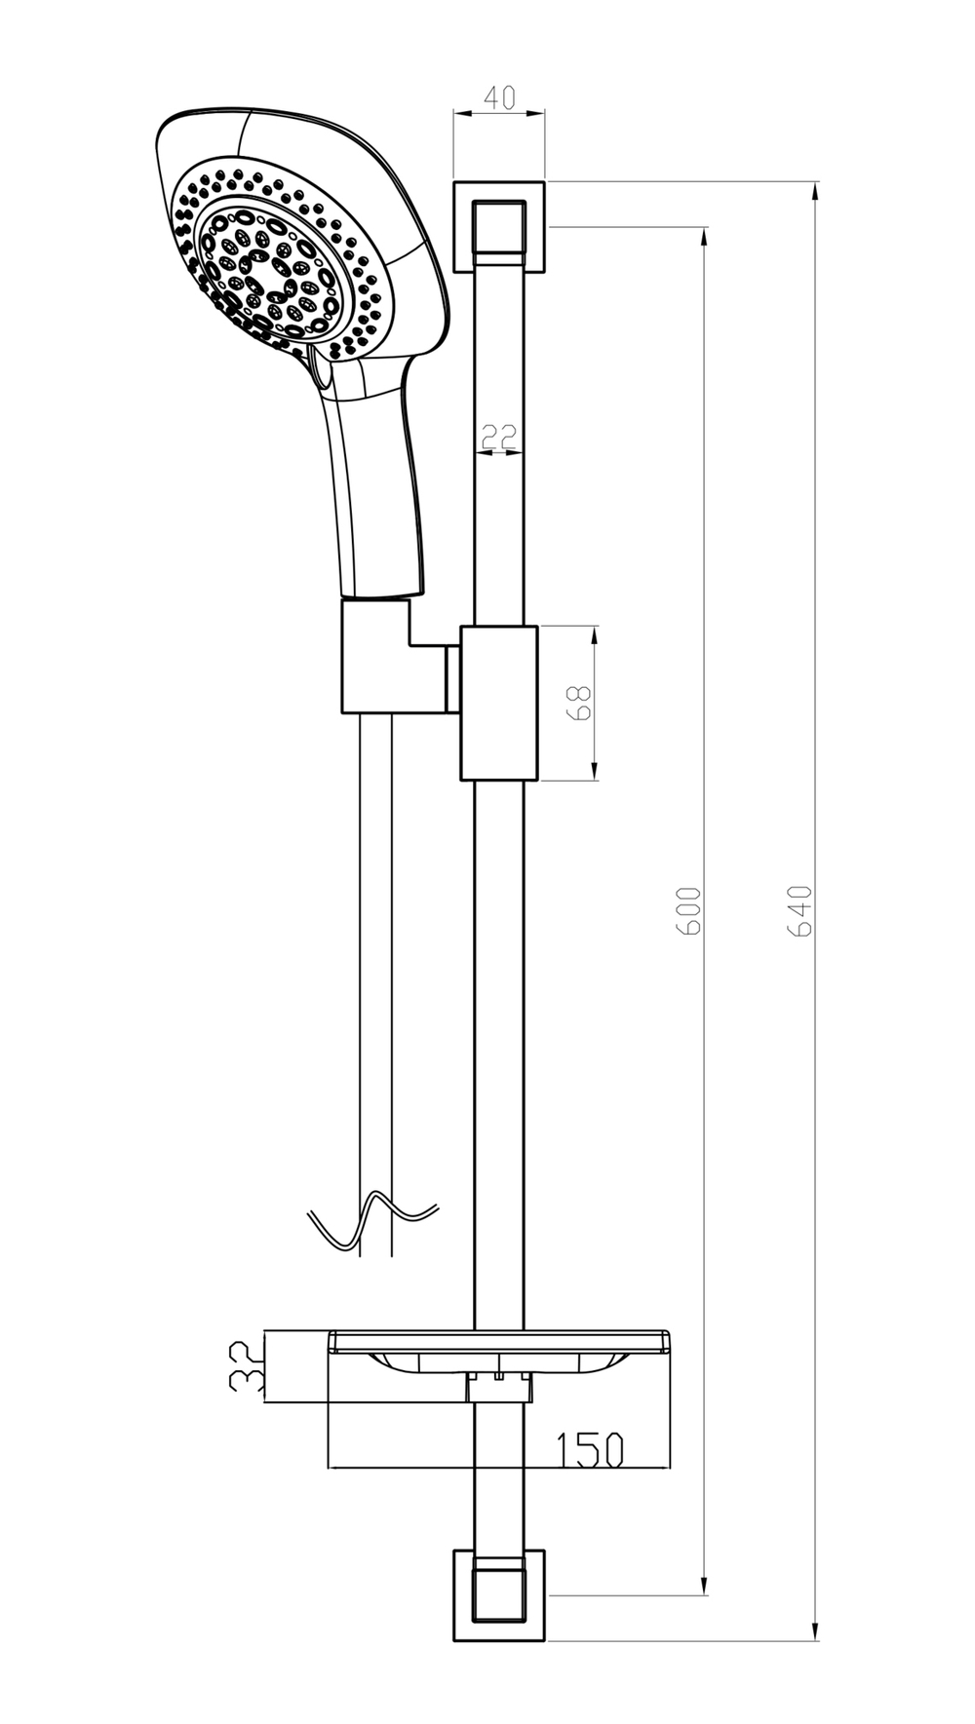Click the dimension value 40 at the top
[499, 97]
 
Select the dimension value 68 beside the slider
[580, 702]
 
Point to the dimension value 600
[688, 911]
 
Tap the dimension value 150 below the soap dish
[590, 1449]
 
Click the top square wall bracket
[499, 225]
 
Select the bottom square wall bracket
[499, 1594]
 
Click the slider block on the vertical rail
[499, 702]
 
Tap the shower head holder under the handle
[385, 658]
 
